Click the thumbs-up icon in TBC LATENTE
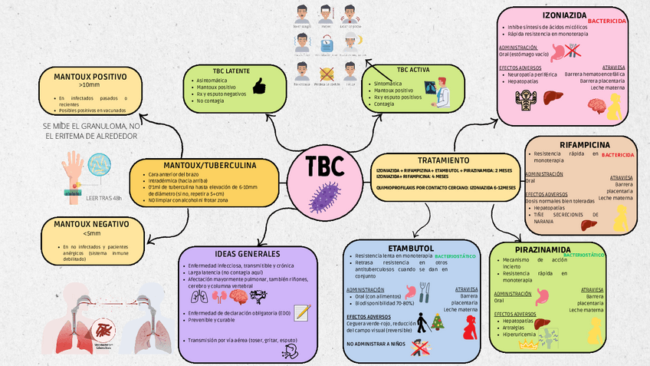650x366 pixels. tap(258, 85)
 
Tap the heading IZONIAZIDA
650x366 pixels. tap(564, 15)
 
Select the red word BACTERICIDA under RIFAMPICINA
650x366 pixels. tap(618, 154)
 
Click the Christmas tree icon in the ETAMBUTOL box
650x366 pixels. tap(438, 321)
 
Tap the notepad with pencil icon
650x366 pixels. tap(302, 313)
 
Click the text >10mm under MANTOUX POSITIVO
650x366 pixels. tap(90, 85)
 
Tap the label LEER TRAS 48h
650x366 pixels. tap(103, 199)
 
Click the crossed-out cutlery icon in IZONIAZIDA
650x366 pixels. tap(573, 51)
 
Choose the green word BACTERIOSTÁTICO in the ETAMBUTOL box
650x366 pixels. tap(455, 255)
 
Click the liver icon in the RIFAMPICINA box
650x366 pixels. tap(588, 224)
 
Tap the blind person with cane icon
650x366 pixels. tap(420, 321)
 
